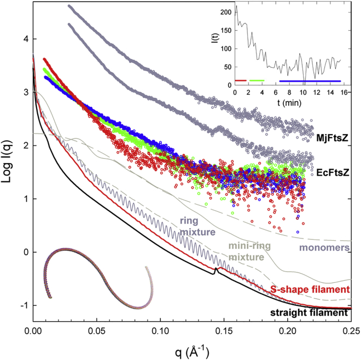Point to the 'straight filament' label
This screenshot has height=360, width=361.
coord(310,312)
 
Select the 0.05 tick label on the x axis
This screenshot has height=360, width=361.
coord(97,332)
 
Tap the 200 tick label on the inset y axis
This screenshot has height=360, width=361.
coord(225,11)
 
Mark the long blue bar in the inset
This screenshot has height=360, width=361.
coord(310,80)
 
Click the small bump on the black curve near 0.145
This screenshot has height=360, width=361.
coord(216,269)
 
